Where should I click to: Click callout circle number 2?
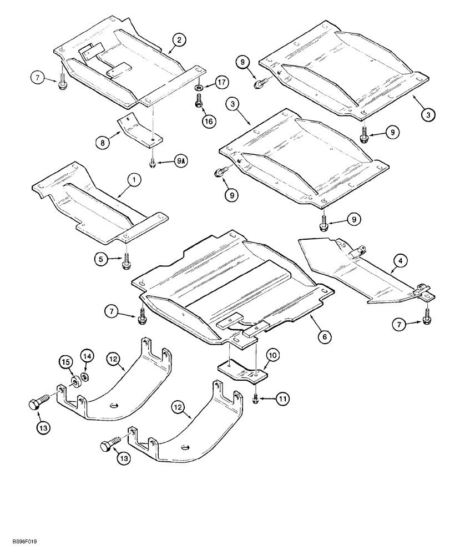click(179, 39)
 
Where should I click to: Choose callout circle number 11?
click(284, 398)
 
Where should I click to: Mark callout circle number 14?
click(87, 355)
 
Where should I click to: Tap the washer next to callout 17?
click(199, 87)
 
